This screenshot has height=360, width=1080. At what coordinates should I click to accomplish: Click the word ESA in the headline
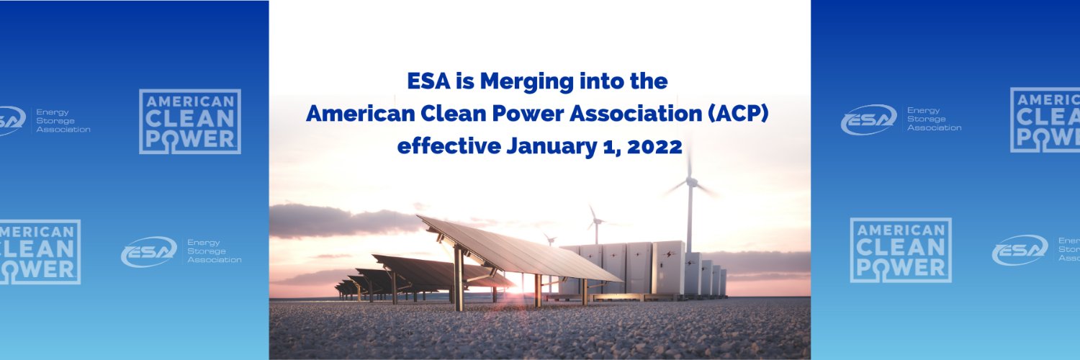click(x=428, y=81)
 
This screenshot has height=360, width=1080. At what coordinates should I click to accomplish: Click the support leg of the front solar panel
click(x=459, y=277)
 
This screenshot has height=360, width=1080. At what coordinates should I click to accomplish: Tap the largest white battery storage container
click(x=669, y=266)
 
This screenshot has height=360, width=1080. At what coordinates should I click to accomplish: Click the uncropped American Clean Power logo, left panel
click(x=190, y=122)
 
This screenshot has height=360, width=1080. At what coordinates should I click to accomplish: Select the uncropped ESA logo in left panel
click(x=181, y=251)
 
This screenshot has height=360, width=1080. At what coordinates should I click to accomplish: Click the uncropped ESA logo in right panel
click(x=901, y=119)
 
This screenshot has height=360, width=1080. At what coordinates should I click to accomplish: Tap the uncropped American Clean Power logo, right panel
click(x=901, y=250)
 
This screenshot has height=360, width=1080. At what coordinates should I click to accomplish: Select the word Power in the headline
click(x=501, y=113)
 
